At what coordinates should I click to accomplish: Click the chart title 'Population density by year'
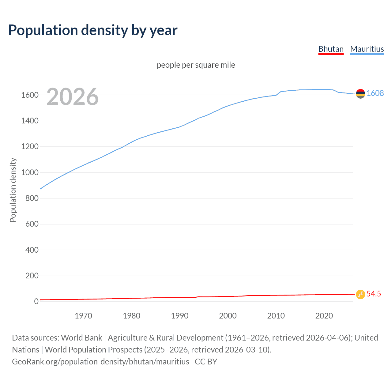click(x=93, y=30)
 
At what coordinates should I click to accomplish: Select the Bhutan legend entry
click(x=331, y=49)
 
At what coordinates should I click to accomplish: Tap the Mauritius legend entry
click(x=367, y=49)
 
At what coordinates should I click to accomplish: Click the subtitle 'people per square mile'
click(x=196, y=65)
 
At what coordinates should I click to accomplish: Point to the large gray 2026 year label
click(x=73, y=97)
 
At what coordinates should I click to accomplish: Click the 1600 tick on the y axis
click(x=30, y=95)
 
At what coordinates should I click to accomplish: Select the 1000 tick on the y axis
click(x=30, y=172)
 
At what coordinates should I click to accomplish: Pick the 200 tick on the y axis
click(x=32, y=276)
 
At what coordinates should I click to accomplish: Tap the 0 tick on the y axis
click(x=36, y=301)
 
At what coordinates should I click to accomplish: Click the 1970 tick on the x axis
click(x=83, y=316)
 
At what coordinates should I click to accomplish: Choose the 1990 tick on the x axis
click(x=180, y=316)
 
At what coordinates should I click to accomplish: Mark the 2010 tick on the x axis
click(x=276, y=316)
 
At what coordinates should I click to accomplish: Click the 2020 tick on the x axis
click(x=324, y=316)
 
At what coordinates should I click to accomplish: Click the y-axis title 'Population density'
click(x=13, y=190)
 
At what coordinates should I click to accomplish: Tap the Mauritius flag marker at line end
click(x=360, y=94)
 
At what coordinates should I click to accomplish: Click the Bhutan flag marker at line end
click(x=360, y=294)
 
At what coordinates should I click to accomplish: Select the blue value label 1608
click(x=375, y=93)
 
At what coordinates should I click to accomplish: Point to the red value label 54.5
click(x=374, y=294)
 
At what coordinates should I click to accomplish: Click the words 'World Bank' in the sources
click(x=81, y=338)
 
